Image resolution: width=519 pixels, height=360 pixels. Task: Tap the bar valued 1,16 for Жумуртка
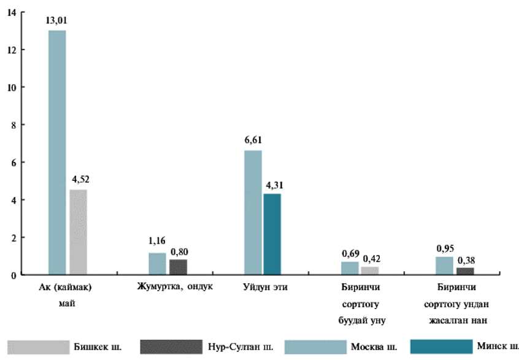pos(158,264)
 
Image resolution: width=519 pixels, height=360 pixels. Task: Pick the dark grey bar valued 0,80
pos(179,267)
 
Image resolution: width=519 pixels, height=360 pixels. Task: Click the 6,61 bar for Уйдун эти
pos(253,212)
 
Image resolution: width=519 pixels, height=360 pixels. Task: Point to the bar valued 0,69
pos(350,268)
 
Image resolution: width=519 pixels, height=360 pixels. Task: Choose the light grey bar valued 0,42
pos(369,270)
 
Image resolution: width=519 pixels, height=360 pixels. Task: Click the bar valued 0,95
pos(444,266)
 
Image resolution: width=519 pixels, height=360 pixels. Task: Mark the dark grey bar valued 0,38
pos(465,271)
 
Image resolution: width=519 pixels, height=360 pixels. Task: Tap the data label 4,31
pos(273,184)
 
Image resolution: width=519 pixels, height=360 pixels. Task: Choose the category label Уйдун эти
pos(266,287)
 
